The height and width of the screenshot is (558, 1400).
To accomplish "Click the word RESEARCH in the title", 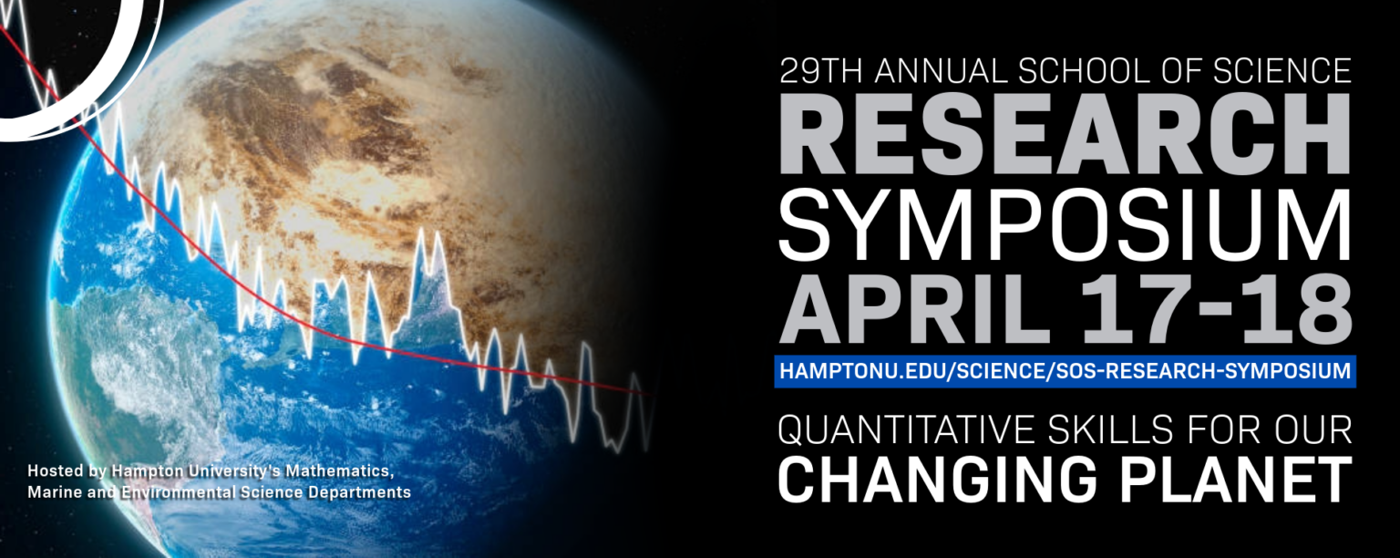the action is coord(1065,134).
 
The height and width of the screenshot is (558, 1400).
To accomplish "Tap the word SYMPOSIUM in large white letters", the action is coord(1065,225).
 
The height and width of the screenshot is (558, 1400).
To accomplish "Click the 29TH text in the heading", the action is coord(822,71).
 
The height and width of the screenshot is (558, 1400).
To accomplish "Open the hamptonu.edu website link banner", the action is coord(1065,371).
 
